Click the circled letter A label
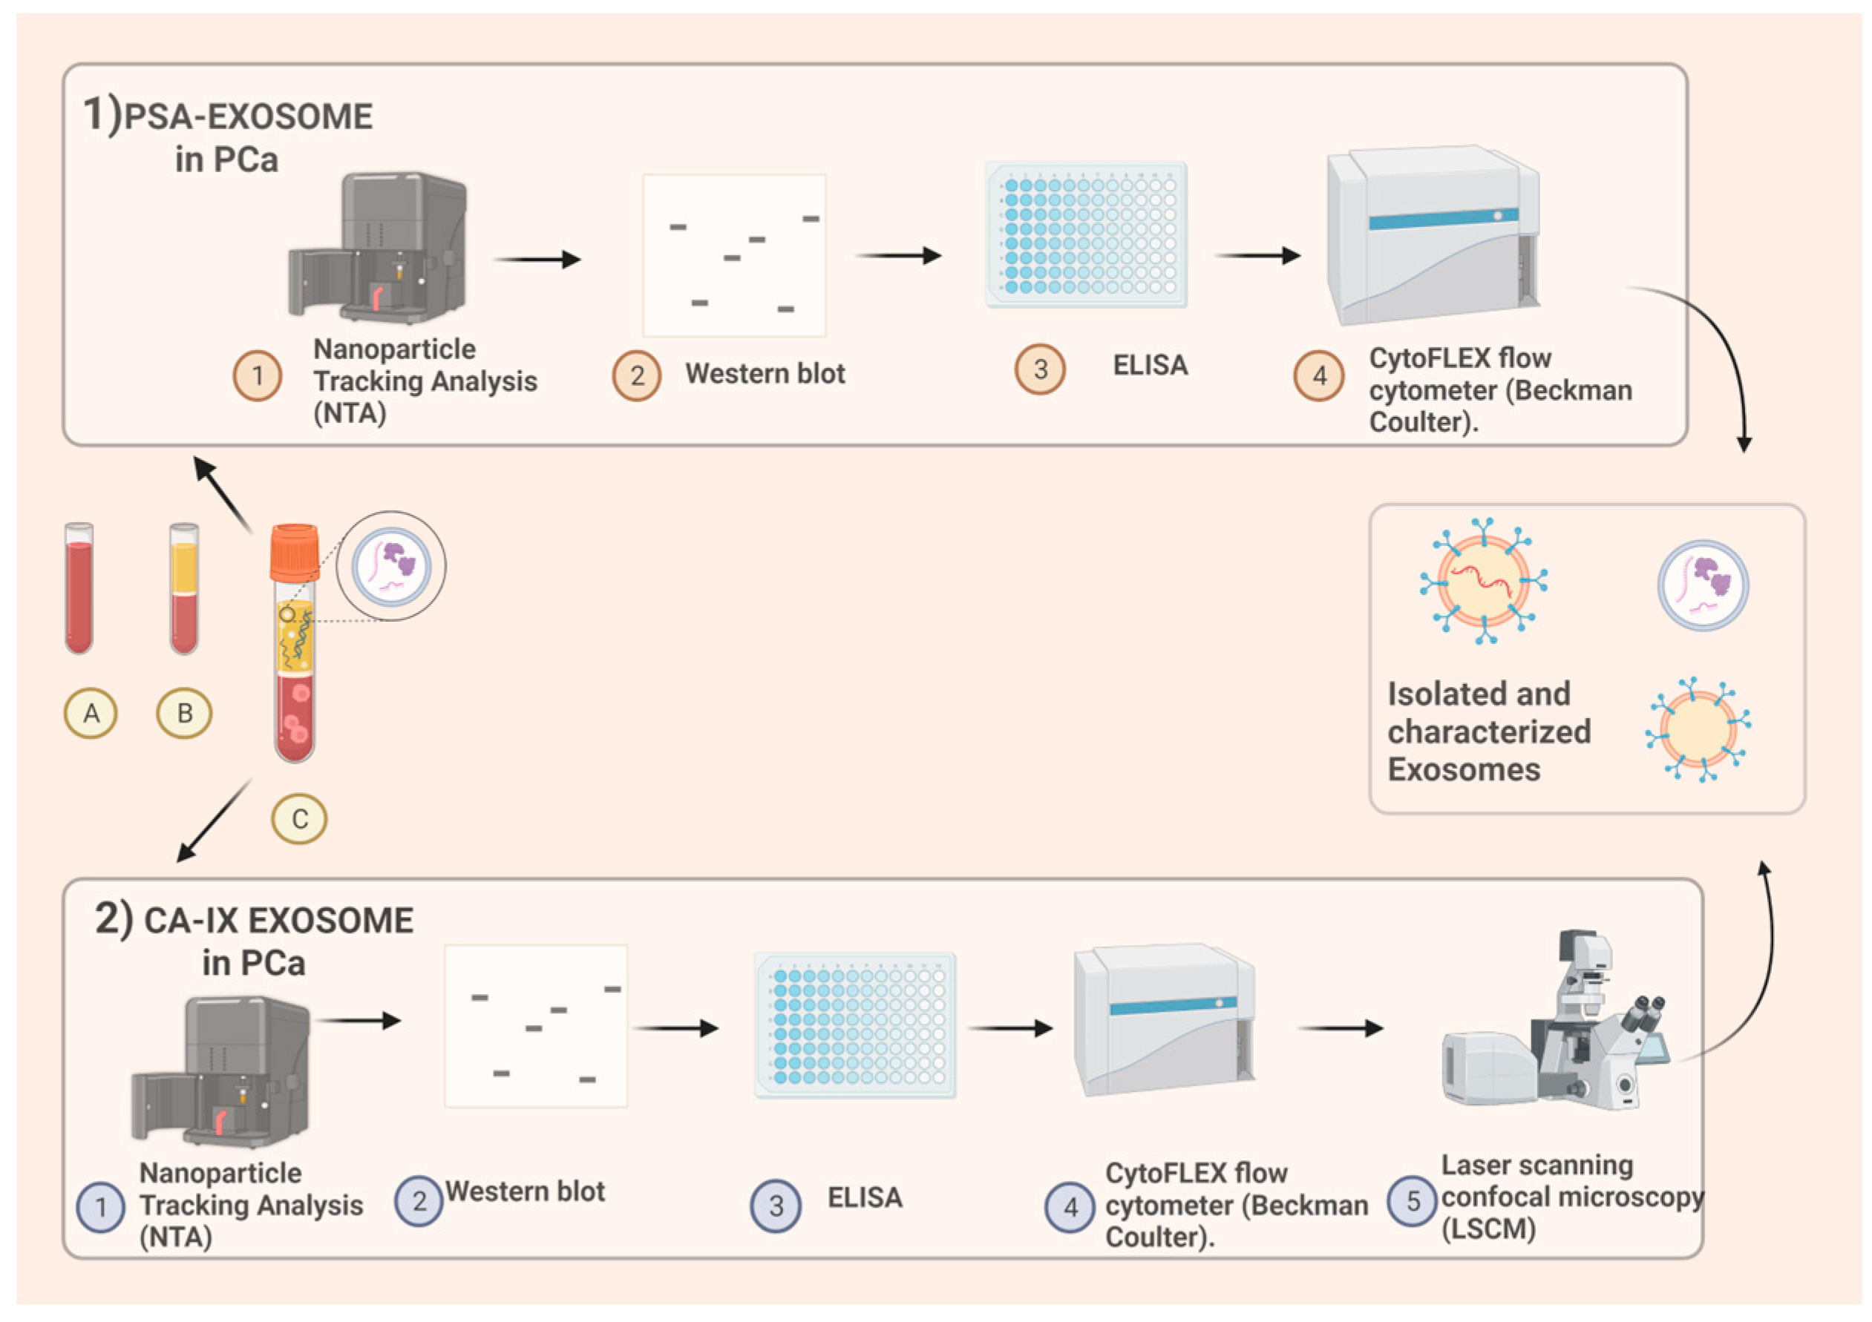click(91, 713)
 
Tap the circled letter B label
click(184, 713)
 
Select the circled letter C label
click(299, 818)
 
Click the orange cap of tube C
click(295, 553)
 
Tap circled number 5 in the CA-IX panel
click(1412, 1200)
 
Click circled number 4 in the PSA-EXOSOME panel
click(1318, 375)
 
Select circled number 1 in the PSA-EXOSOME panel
click(258, 375)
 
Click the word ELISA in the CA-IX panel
click(864, 1198)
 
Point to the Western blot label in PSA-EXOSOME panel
click(765, 373)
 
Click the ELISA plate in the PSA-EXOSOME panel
click(1087, 234)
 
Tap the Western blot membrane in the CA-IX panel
click(536, 1025)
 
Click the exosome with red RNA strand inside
click(1484, 581)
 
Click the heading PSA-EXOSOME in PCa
click(229, 137)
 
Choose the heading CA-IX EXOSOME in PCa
click(255, 941)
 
